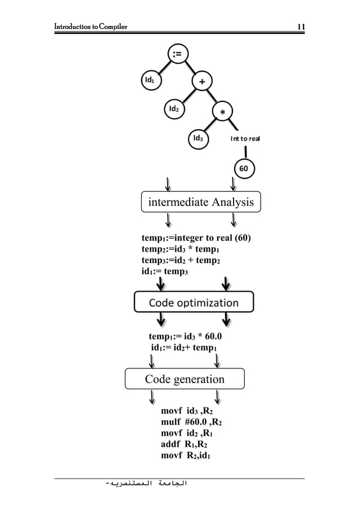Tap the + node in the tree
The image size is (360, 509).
tap(201, 81)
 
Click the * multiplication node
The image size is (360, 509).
tap(222, 112)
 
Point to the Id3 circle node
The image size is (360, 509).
tap(199, 138)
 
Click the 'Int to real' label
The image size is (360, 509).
tap(245, 138)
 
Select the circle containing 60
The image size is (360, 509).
tap(244, 168)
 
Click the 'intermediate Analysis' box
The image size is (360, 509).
tap(201, 201)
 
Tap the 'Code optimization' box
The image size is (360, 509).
tap(194, 302)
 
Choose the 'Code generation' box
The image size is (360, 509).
tap(185, 379)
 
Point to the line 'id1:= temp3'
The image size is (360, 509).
tap(164, 271)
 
